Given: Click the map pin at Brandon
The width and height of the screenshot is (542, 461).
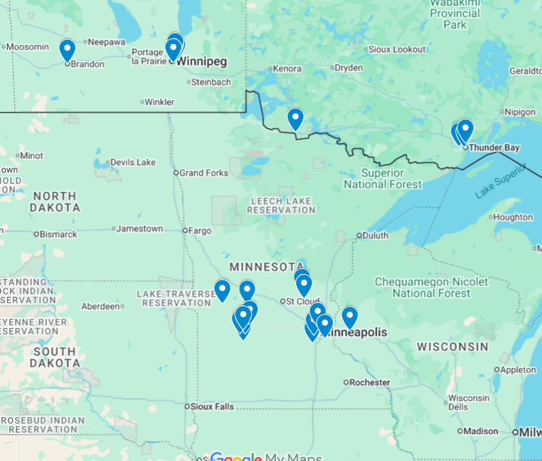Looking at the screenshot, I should click(x=67, y=50).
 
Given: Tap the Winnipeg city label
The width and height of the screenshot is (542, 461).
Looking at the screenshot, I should click(x=201, y=62).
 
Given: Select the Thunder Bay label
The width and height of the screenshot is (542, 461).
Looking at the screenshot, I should click(x=494, y=147).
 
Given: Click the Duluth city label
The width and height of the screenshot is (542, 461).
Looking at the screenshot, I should click(x=375, y=235).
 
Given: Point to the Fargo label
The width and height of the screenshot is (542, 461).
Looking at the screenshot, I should click(x=201, y=230).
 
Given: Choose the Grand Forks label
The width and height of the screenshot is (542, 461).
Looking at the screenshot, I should click(x=204, y=173).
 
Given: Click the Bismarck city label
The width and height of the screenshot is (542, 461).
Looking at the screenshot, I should click(x=59, y=234).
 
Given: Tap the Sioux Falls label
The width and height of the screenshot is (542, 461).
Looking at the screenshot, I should click(x=212, y=407).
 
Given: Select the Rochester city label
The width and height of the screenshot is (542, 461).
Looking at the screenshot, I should click(x=369, y=382).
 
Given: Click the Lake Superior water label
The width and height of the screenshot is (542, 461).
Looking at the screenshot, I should click(x=500, y=181).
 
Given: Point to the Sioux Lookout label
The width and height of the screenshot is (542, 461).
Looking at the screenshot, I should click(x=397, y=49).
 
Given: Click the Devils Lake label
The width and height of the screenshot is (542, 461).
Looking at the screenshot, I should click(x=133, y=162).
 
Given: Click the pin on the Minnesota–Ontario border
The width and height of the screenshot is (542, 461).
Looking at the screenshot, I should click(x=296, y=119).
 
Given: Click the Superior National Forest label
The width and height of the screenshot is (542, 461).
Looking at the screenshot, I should click(x=383, y=179).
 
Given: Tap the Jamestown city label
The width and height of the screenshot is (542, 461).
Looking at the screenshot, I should click(x=139, y=229).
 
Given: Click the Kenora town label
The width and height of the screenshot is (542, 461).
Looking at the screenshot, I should click(x=287, y=68).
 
